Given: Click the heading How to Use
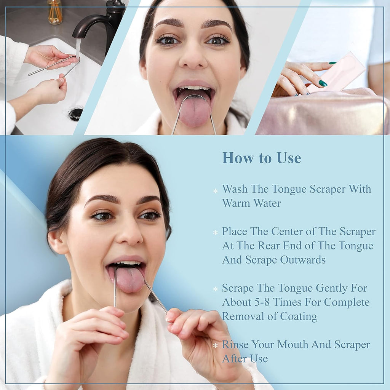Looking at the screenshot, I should click(262, 158).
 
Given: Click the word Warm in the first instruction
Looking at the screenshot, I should click(236, 203).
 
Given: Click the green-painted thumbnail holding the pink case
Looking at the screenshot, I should click(323, 83).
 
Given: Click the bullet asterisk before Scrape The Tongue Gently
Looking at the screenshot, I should click(215, 289).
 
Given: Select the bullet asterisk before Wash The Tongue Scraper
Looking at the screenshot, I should click(215, 190).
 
